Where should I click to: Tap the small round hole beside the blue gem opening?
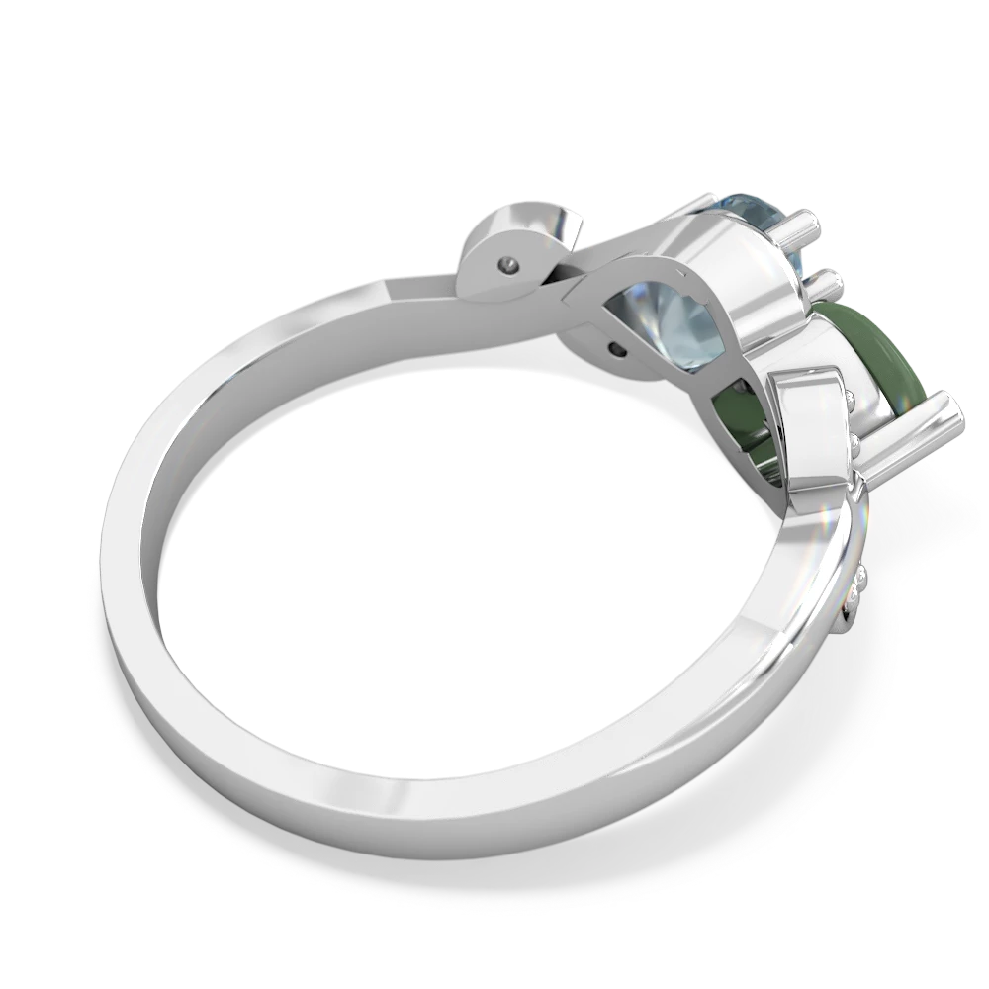[x=618, y=348]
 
